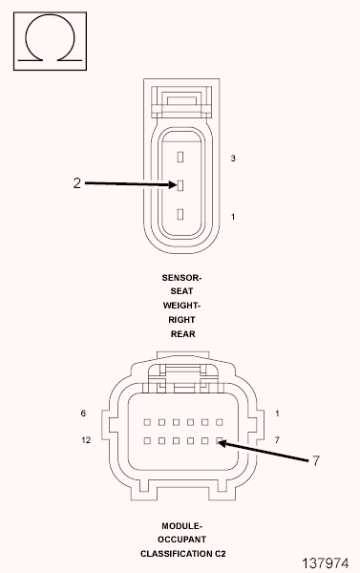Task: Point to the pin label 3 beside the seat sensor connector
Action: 233,158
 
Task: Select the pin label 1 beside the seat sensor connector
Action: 233,217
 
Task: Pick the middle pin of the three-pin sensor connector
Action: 180,184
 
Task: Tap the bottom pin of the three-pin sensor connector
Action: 180,214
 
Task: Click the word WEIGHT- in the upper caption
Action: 181,306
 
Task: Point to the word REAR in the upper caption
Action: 181,334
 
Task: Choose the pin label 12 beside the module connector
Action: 86,440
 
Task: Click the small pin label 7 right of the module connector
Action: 277,440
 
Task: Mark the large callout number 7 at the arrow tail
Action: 316,461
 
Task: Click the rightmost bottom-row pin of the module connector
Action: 220,441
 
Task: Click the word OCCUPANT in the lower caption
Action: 181,540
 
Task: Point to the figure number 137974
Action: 326,563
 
